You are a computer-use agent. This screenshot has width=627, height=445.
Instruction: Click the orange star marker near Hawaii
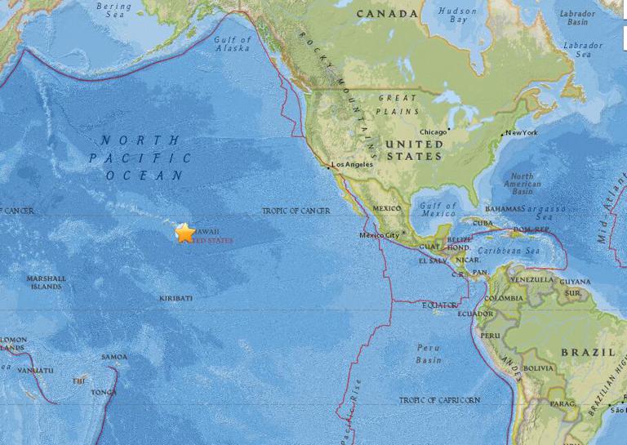(185, 233)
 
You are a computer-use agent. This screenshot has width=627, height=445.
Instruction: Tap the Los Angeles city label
(351, 165)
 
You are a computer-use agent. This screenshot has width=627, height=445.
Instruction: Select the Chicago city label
(433, 132)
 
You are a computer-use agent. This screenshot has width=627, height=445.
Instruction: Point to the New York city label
(522, 132)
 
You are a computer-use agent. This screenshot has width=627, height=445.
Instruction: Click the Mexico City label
(379, 236)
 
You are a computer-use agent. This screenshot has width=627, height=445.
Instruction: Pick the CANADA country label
(388, 14)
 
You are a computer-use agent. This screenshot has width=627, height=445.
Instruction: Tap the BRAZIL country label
(588, 352)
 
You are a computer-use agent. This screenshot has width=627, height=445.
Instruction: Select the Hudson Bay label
(457, 16)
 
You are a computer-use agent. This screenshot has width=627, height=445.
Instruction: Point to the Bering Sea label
(113, 11)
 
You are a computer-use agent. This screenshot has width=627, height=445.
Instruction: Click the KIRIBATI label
(176, 298)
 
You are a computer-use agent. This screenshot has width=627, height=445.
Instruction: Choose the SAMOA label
(114, 357)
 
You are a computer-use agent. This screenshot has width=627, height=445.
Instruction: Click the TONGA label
(103, 392)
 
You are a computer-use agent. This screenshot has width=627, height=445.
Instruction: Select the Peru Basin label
(428, 354)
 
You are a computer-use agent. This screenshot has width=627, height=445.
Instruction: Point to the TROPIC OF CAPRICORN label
(439, 400)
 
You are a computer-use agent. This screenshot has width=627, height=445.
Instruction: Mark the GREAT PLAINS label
(398, 105)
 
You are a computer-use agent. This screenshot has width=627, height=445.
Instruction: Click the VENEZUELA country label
(531, 279)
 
